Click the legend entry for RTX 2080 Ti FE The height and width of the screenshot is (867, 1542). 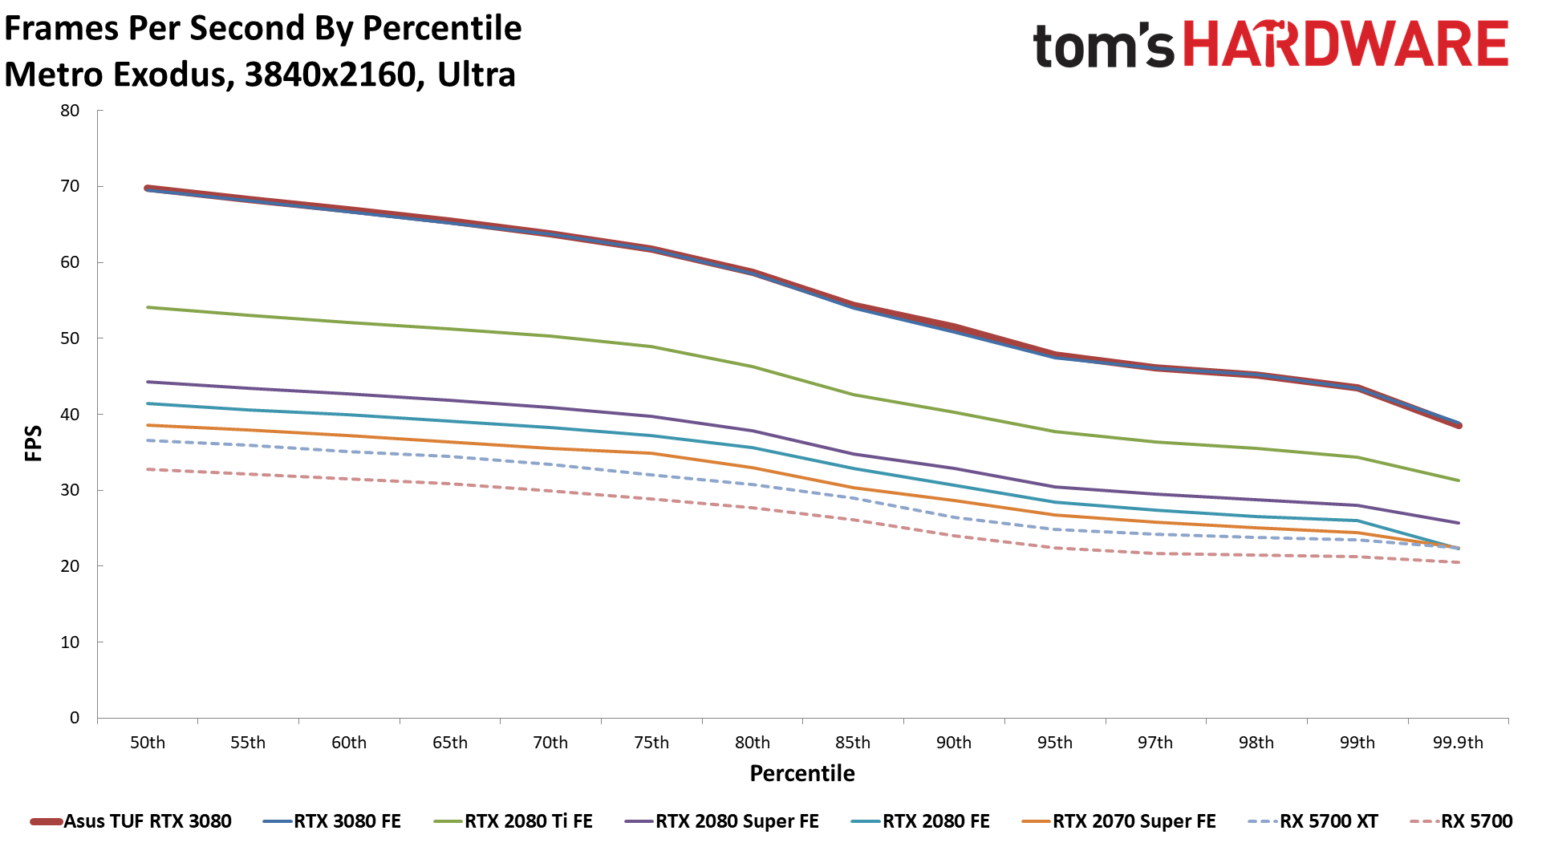click(x=528, y=821)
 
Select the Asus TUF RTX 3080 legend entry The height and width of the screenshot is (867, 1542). click(x=147, y=821)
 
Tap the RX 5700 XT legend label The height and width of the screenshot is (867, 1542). click(x=1329, y=821)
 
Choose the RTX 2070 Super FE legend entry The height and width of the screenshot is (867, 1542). click(x=1134, y=821)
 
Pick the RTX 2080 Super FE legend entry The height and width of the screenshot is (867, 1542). click(x=737, y=821)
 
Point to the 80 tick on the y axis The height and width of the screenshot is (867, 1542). click(x=71, y=111)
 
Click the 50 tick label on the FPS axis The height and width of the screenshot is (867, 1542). click(x=71, y=338)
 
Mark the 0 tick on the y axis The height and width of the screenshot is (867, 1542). click(x=75, y=718)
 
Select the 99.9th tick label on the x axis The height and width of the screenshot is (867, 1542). click(x=1458, y=743)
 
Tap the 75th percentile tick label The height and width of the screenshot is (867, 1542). click(x=651, y=743)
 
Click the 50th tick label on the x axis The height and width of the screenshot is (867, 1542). click(x=148, y=743)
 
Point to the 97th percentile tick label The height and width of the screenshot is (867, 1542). click(x=1155, y=743)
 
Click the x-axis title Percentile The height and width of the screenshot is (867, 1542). click(x=802, y=773)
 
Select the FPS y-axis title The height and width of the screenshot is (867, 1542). click(x=34, y=444)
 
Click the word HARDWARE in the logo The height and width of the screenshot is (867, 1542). click(x=1346, y=44)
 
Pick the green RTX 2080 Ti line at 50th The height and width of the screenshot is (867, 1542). click(x=148, y=307)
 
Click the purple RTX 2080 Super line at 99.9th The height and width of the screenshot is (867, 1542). click(x=1458, y=523)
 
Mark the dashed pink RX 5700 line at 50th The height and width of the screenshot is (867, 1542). click(x=148, y=469)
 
